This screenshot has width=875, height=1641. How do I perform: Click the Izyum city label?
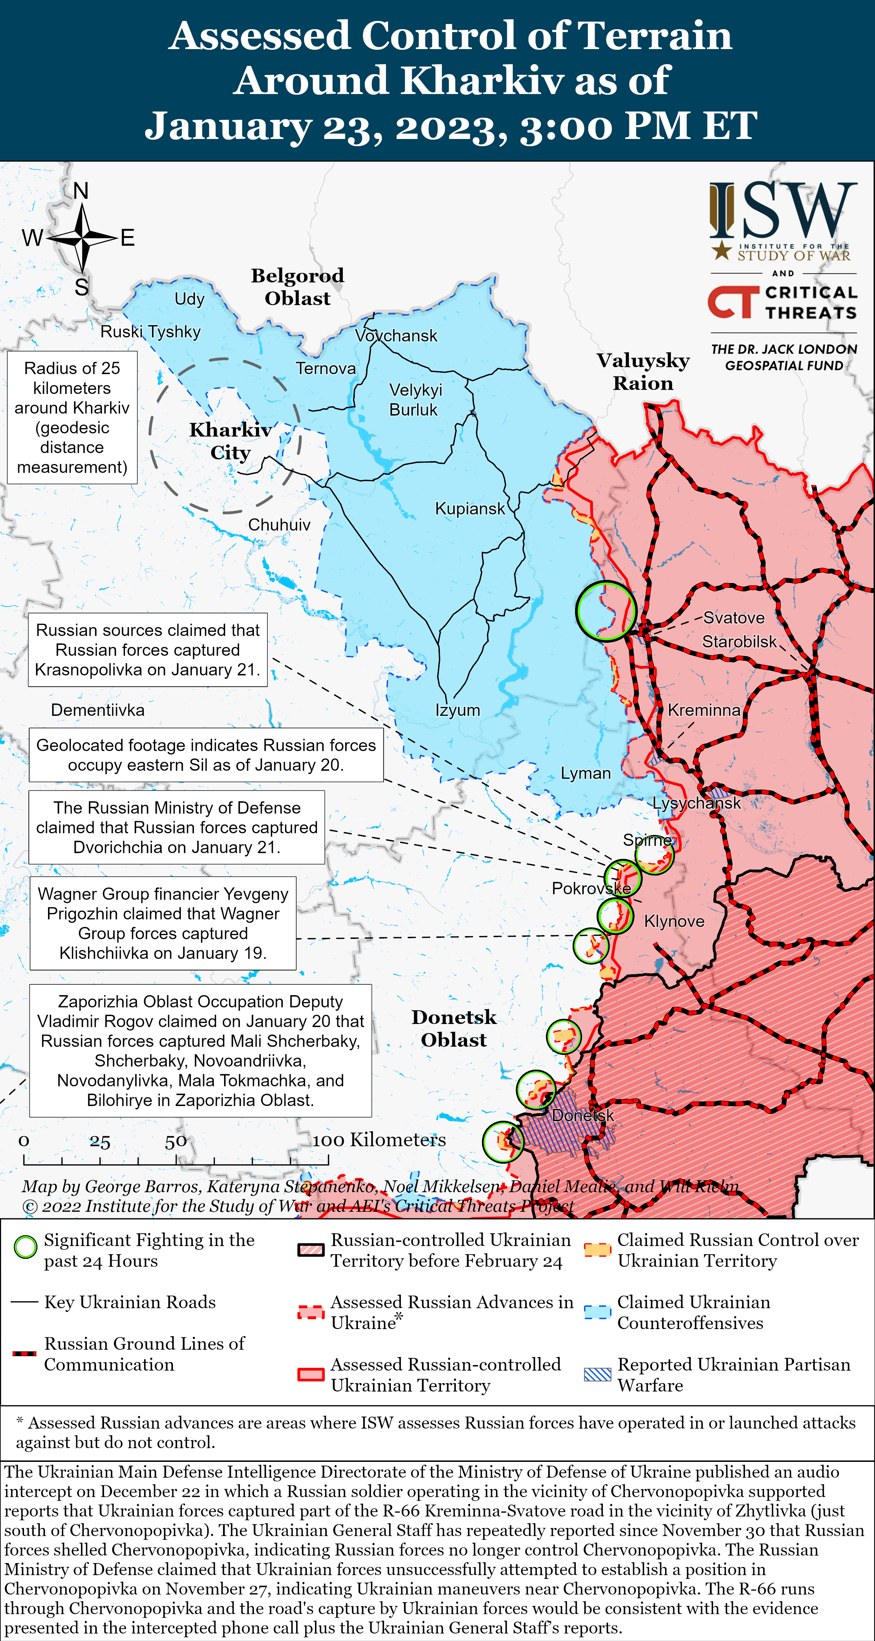tap(457, 710)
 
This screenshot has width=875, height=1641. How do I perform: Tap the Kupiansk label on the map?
tap(469, 508)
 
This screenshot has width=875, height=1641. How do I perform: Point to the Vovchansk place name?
tap(396, 336)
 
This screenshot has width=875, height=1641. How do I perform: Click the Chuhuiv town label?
tap(279, 525)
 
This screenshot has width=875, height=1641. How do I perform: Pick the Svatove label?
tap(734, 618)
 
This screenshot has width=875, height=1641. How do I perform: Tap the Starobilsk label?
tap(739, 641)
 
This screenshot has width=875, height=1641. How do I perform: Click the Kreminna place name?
tap(704, 710)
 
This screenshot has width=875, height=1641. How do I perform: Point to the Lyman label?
tap(585, 773)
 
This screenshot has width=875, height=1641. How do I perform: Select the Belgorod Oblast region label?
tap(297, 287)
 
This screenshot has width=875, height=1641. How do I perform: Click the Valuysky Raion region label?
tap(643, 371)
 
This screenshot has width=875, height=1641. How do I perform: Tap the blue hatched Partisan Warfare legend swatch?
tap(597, 1374)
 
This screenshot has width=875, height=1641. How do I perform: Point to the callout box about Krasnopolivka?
tap(148, 650)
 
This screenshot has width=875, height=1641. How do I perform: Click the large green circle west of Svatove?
tap(606, 610)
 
